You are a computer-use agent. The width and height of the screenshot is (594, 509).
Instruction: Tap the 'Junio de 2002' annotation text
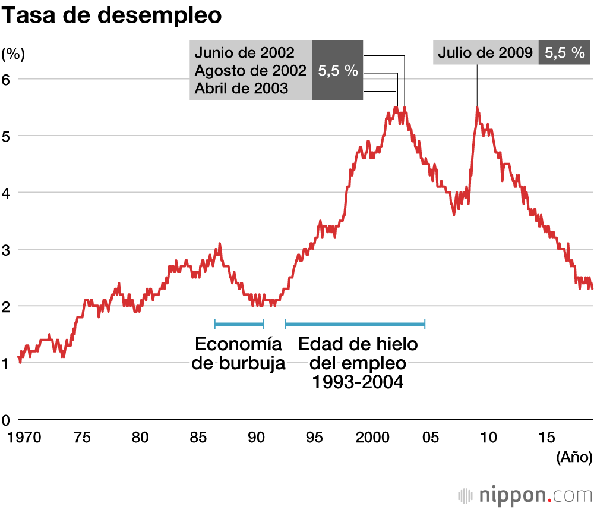244,52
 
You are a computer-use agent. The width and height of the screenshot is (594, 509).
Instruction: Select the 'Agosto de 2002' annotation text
250,70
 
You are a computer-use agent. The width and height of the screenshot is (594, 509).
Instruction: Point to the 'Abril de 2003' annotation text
241,89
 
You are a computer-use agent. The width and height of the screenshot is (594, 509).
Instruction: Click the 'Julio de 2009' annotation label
485,53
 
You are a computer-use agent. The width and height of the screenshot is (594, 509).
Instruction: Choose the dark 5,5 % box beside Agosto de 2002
337,70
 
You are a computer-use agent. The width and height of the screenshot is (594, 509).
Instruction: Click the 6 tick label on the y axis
7,79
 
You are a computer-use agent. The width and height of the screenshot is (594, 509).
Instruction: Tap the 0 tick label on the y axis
7,420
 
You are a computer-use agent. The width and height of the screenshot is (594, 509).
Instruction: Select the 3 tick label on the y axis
7,249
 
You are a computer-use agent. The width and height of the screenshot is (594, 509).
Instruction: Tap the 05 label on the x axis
430,438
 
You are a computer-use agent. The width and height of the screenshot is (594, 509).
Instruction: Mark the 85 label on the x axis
198,438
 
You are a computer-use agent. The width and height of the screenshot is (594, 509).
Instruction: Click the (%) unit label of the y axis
13,54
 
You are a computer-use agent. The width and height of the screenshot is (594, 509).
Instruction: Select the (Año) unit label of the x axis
574,457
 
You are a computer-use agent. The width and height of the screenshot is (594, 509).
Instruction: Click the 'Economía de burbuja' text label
238,354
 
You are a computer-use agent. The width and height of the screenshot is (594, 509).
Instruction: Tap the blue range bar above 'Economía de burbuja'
239,324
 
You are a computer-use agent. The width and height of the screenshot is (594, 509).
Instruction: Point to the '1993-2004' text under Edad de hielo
358,382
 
